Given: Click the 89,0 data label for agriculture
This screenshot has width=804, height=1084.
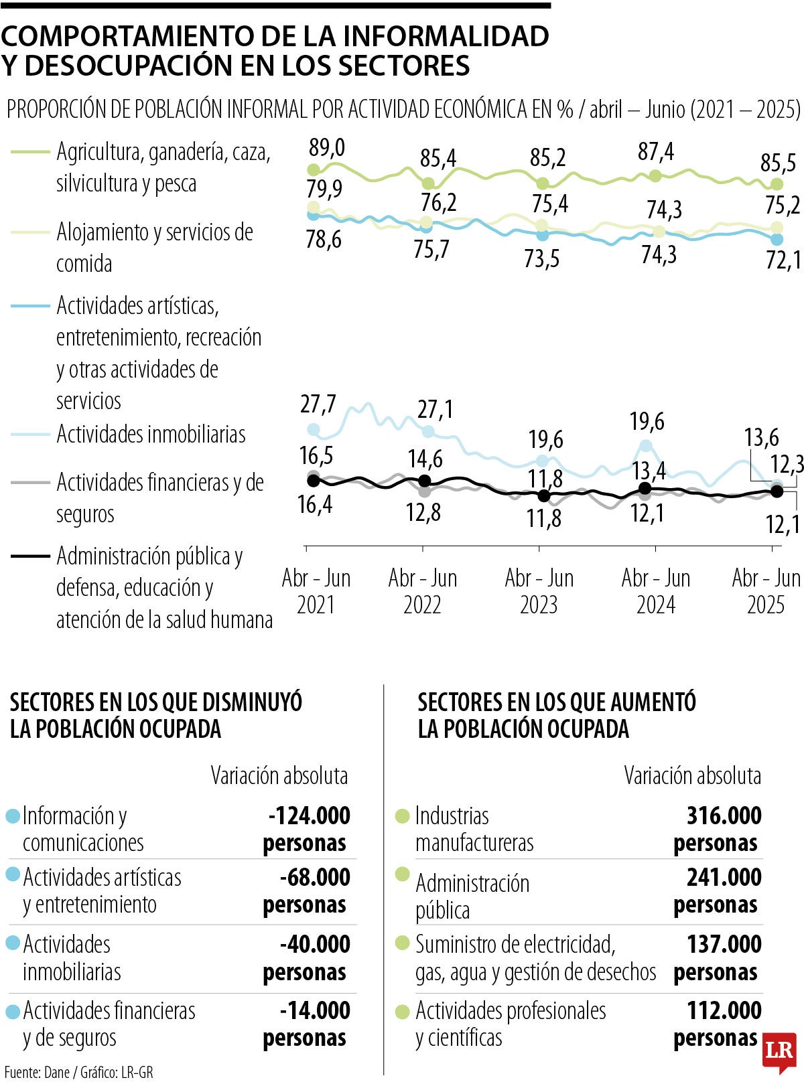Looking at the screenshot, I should (327, 147).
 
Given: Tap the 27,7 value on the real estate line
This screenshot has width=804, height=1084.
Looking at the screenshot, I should (318, 404).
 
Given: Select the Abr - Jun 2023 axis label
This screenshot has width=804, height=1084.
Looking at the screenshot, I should (539, 591).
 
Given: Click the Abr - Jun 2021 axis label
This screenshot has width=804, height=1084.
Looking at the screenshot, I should (316, 591).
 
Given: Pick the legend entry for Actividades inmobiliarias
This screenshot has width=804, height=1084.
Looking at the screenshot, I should (151, 434).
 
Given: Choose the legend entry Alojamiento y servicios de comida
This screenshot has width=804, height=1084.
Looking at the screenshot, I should (155, 247).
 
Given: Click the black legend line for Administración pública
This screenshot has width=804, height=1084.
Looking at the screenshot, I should (30, 556).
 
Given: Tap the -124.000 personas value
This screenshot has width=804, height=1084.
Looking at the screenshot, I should (308, 829).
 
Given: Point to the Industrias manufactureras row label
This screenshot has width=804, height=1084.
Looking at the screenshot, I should (474, 829).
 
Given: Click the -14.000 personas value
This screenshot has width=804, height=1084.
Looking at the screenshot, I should (308, 1024).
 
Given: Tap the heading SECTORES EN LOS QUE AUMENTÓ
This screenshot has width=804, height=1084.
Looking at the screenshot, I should (557, 702).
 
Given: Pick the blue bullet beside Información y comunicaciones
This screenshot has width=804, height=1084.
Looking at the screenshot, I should (13, 816).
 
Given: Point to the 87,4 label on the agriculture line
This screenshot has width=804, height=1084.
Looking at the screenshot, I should (656, 152).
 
